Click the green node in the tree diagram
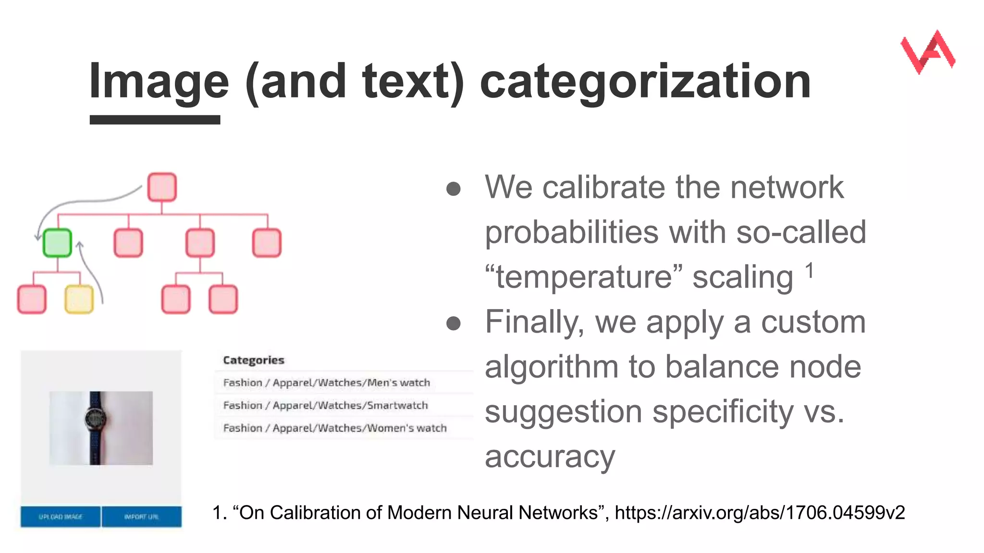[57, 243]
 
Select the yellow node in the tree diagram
[79, 299]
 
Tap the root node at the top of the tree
[162, 187]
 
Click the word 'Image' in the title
[159, 81]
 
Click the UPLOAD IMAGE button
[61, 517]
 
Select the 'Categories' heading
[253, 360]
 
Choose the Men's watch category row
[327, 383]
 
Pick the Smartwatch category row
[325, 405]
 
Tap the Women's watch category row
[335, 428]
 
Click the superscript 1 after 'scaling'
[810, 271]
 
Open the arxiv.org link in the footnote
[760, 513]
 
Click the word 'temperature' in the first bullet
[583, 277]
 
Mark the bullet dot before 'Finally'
[453, 324]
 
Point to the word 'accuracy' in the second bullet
[550, 457]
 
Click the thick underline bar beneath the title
[155, 120]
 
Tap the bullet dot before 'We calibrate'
[453, 189]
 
